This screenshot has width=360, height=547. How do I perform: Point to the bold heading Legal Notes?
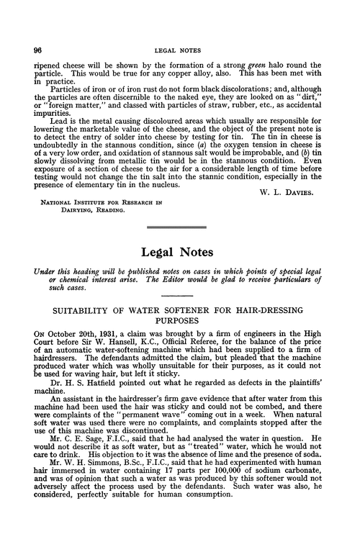coord(179,253)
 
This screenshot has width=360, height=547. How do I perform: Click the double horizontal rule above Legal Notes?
coord(179,228)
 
